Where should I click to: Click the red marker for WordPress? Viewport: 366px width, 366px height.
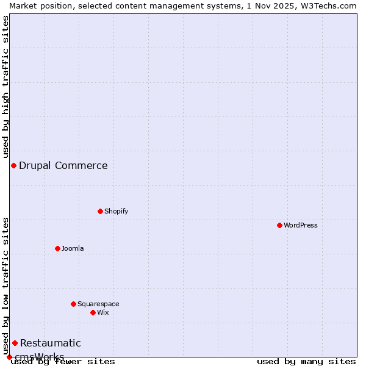pyautogui.click(x=279, y=225)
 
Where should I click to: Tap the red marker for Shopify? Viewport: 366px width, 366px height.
pyautogui.click(x=100, y=211)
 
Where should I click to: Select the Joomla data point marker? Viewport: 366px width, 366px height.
pyautogui.click(x=57, y=248)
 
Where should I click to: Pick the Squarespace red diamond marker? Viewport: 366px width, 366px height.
pyautogui.click(x=73, y=304)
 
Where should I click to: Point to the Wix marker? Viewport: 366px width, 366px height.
pyautogui.click(x=93, y=312)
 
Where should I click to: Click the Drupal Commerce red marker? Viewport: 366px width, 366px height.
pyautogui.click(x=13, y=165)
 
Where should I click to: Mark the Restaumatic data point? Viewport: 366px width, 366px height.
pyautogui.click(x=15, y=343)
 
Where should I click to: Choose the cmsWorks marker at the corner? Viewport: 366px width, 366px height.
pyautogui.click(x=9, y=357)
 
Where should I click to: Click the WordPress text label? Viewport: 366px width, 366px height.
pyautogui.click(x=301, y=225)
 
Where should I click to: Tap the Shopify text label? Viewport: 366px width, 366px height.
pyautogui.click(x=117, y=211)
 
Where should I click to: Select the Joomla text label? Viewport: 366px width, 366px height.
pyautogui.click(x=73, y=248)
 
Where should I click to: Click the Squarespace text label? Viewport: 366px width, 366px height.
pyautogui.click(x=98, y=304)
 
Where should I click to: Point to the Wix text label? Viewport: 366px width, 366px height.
pyautogui.click(x=103, y=312)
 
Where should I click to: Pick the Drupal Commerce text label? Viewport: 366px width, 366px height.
pyautogui.click(x=63, y=165)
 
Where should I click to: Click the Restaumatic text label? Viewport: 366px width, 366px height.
pyautogui.click(x=51, y=343)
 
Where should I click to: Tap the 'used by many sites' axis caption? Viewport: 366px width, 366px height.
pyautogui.click(x=306, y=362)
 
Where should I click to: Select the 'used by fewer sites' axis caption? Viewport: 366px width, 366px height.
pyautogui.click(x=63, y=362)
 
